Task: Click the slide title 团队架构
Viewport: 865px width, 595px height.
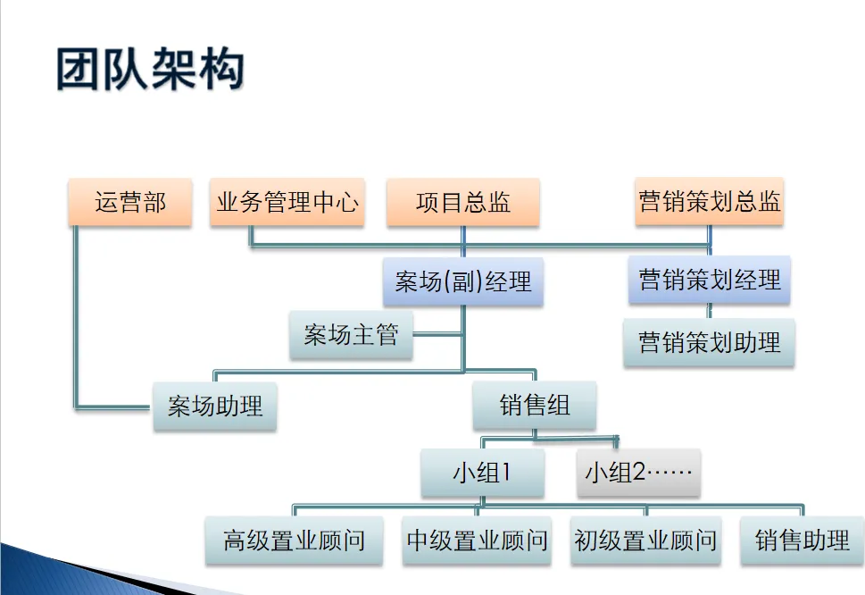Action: (150, 70)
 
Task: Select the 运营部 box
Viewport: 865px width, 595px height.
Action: (130, 202)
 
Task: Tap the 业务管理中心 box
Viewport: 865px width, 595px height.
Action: (287, 202)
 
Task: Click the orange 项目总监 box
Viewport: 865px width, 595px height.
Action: (462, 202)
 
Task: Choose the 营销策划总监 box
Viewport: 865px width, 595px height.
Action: (710, 201)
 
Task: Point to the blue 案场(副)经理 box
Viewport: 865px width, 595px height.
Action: (462, 282)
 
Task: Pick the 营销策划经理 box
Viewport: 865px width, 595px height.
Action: (710, 281)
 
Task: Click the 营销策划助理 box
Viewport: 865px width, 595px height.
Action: (709, 341)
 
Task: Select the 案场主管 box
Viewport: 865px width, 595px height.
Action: (351, 336)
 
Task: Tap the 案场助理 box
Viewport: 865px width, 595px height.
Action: (215, 406)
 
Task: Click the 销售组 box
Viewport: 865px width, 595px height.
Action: (535, 406)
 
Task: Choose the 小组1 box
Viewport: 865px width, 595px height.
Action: (482, 473)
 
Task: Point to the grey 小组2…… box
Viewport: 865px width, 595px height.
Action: (638, 473)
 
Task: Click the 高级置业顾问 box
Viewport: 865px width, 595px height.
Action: (294, 541)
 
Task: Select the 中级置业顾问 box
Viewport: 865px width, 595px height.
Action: (477, 541)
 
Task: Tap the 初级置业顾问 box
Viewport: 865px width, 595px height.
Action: (645, 541)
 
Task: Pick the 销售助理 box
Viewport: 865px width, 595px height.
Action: (802, 541)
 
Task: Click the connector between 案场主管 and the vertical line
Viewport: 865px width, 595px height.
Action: (437, 336)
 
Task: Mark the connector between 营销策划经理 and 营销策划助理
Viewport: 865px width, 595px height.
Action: (710, 312)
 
